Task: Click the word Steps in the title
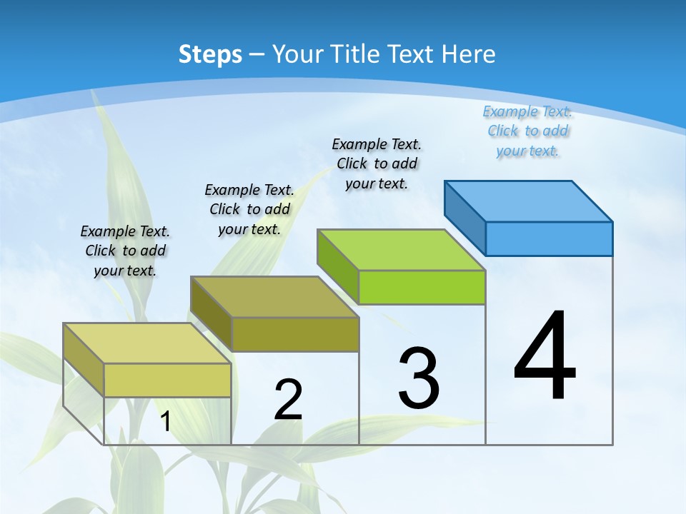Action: (210, 54)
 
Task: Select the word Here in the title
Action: (469, 54)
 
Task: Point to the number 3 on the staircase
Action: (419, 378)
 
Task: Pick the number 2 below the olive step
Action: (288, 400)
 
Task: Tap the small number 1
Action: (165, 421)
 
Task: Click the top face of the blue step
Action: (529, 201)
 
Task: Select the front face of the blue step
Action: (549, 238)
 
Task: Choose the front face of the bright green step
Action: (422, 287)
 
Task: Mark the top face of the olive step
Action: (274, 296)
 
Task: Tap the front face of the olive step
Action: (295, 334)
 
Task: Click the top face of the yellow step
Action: (146, 343)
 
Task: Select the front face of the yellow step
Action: (167, 380)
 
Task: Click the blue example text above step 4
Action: (527, 131)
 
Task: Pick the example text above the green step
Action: (377, 163)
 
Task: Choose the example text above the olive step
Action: (249, 209)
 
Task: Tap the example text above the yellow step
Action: (125, 251)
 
